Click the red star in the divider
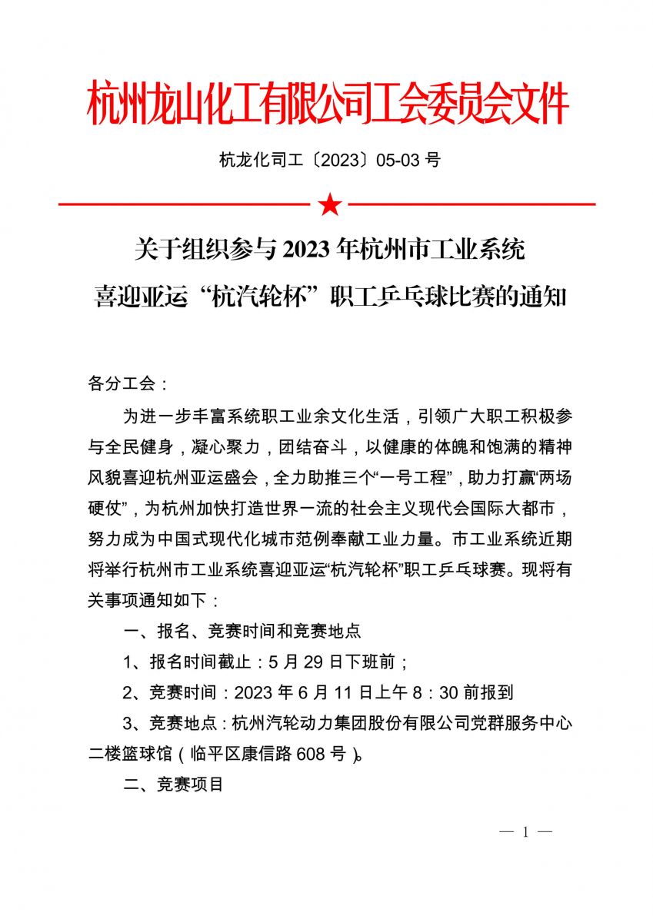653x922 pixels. click(329, 204)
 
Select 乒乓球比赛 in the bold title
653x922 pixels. click(428, 296)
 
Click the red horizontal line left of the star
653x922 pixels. click(185, 204)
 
